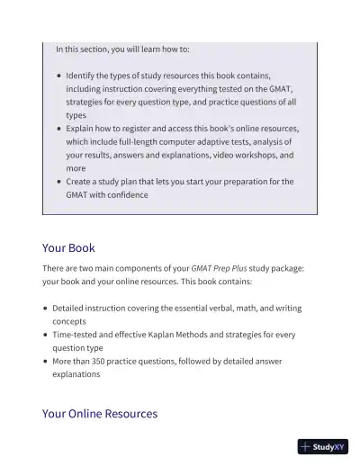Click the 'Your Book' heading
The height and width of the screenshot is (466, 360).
tap(68, 248)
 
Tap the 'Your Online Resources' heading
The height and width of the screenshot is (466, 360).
tap(100, 414)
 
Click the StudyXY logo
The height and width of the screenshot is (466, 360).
tap(322, 446)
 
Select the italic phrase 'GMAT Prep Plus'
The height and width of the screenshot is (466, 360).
tap(219, 269)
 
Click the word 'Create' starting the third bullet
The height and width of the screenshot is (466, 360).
tap(80, 182)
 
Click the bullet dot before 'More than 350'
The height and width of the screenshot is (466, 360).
tap(45, 362)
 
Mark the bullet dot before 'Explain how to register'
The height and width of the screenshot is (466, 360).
tap(58, 129)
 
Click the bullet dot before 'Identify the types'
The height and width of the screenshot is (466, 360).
tap(58, 76)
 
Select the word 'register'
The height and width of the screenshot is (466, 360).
tap(143, 129)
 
